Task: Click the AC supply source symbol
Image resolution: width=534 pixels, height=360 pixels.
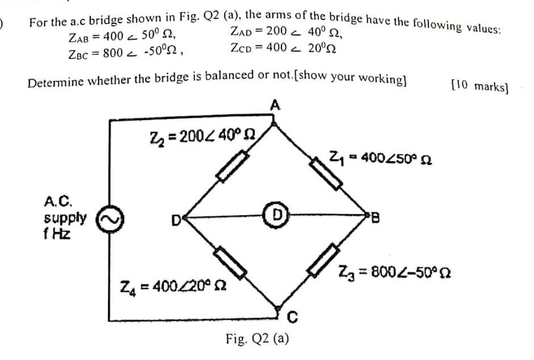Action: click(108, 217)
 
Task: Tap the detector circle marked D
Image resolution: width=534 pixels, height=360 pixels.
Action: click(276, 215)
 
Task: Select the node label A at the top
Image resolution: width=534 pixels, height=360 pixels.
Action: click(275, 105)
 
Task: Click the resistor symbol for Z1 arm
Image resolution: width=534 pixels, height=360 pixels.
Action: click(326, 172)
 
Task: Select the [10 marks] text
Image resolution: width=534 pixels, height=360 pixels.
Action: click(479, 86)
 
